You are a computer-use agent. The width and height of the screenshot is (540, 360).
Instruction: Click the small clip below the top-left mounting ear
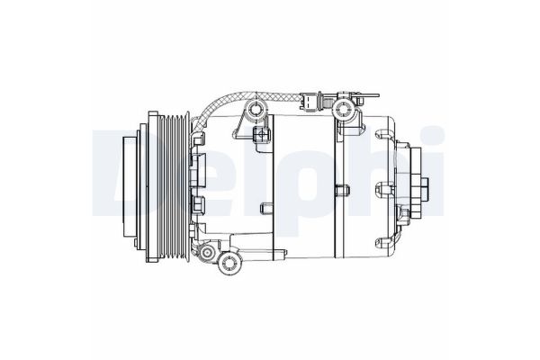263,135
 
